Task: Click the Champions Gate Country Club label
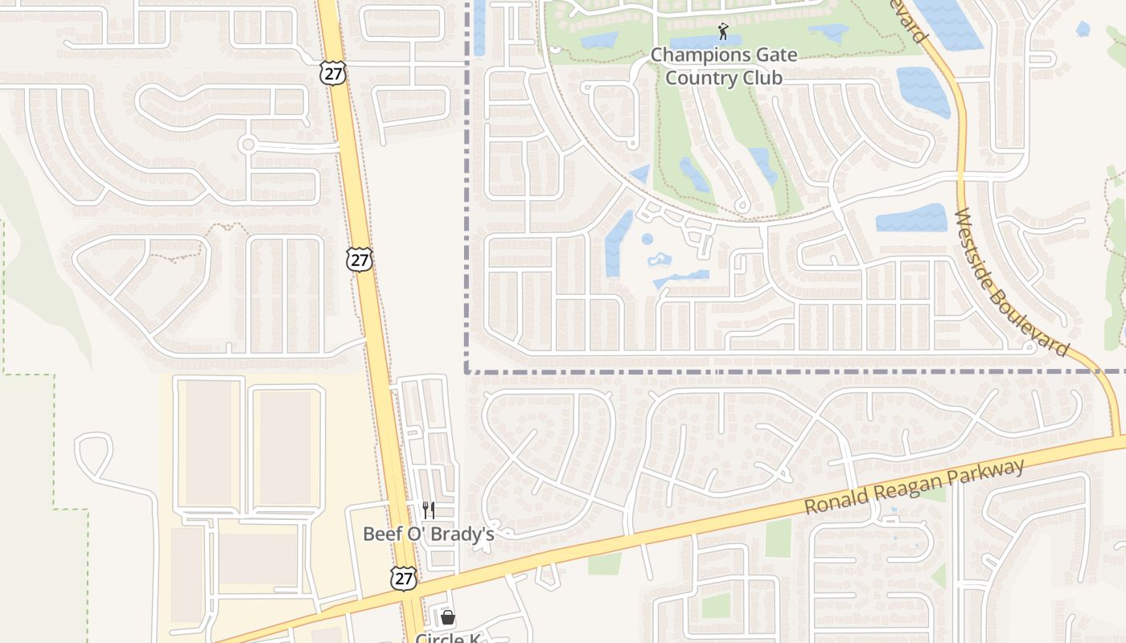pyautogui.click(x=724, y=67)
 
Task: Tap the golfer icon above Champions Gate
pyautogui.click(x=722, y=32)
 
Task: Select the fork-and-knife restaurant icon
pyautogui.click(x=429, y=510)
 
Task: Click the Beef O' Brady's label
pyautogui.click(x=428, y=534)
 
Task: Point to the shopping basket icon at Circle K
pyautogui.click(x=448, y=617)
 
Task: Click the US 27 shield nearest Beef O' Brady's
pyautogui.click(x=404, y=578)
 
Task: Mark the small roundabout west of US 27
pyautogui.click(x=248, y=145)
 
